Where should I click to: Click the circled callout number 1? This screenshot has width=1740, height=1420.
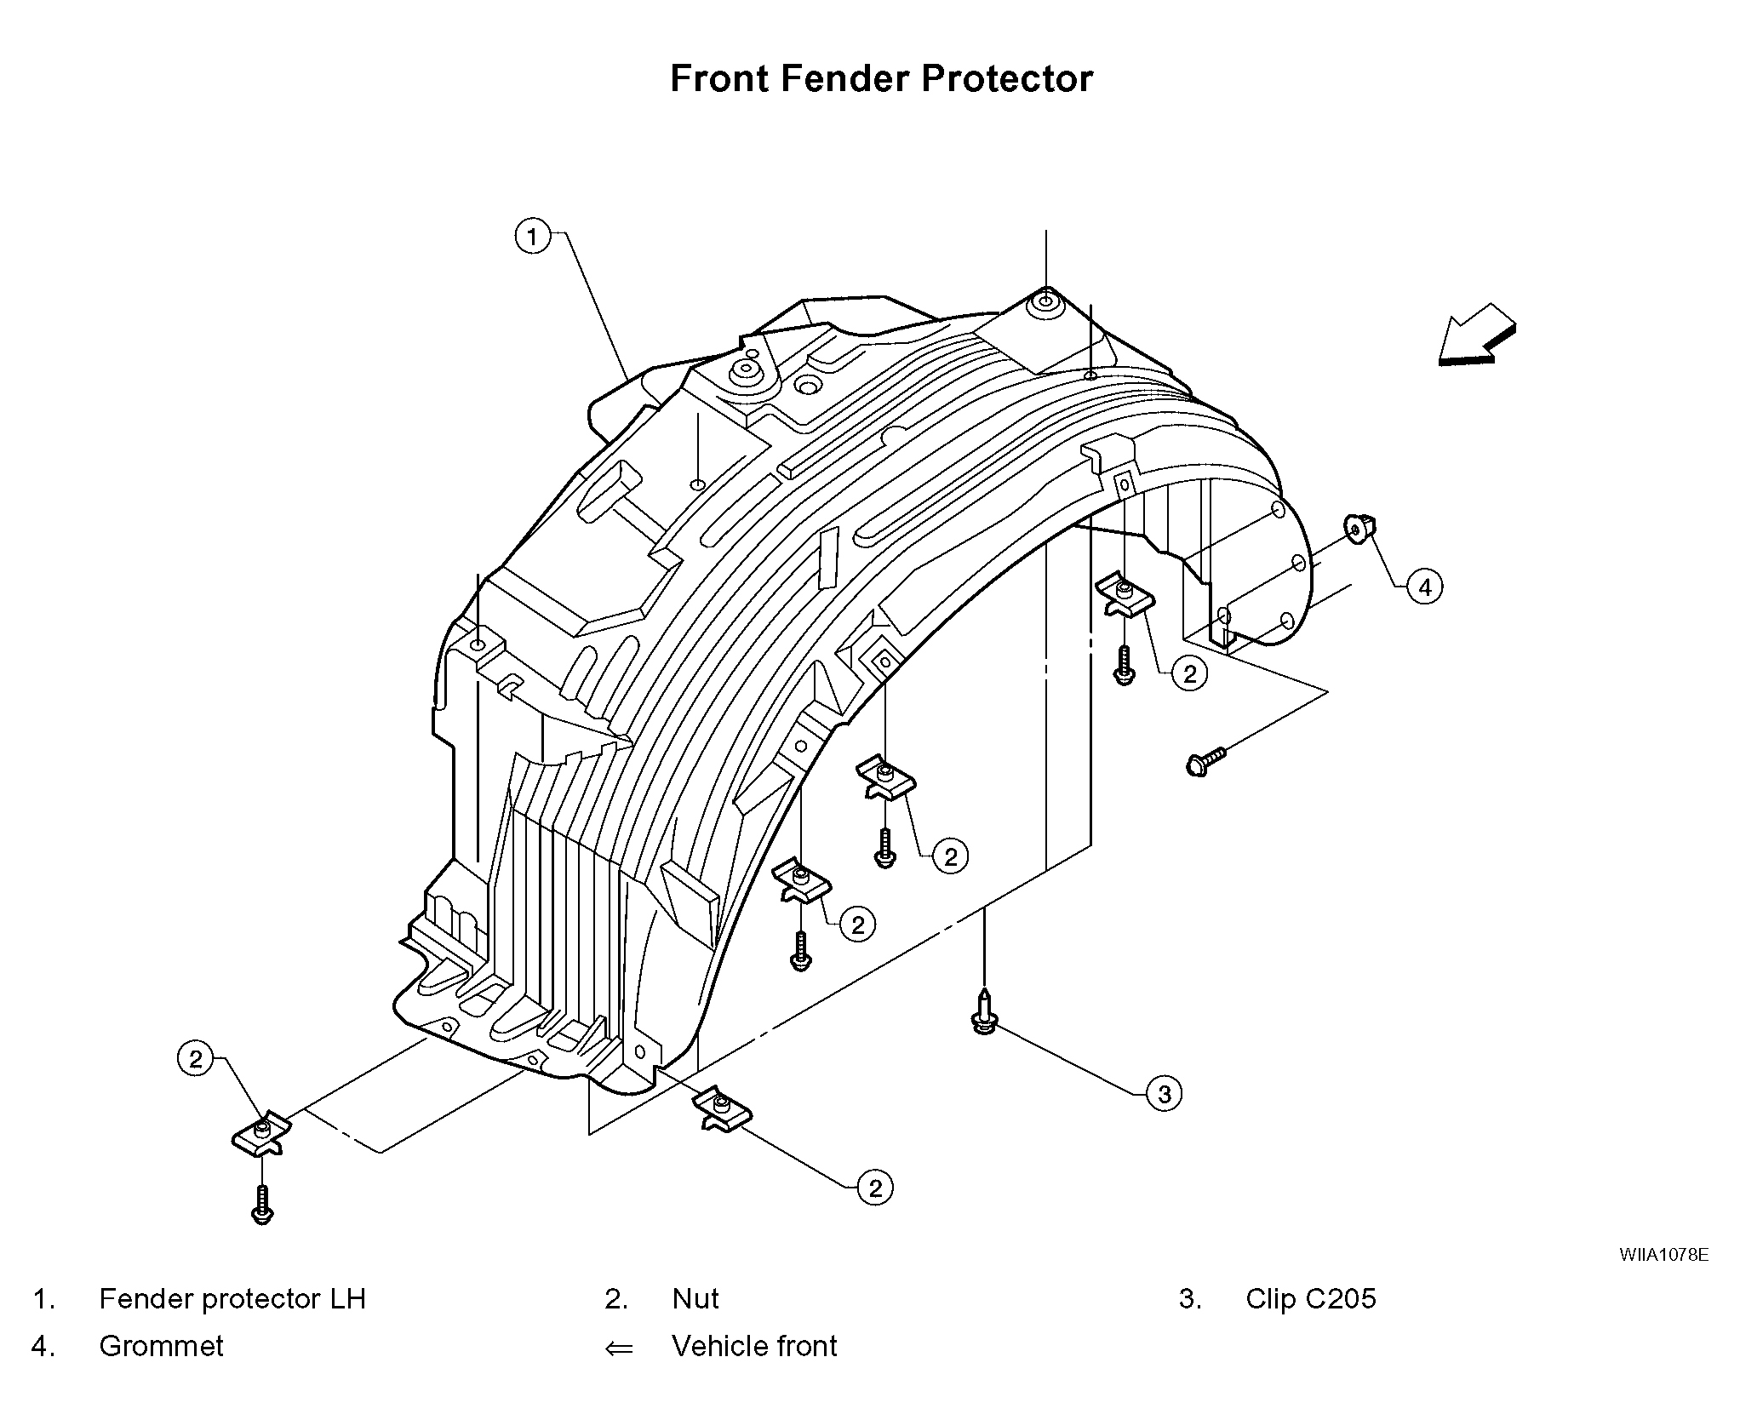coord(533,236)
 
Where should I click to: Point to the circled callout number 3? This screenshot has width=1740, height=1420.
coord(1164,1093)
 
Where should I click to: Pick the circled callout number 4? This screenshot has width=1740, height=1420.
coord(1425,587)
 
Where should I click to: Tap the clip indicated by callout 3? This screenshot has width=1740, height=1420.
coord(984,1013)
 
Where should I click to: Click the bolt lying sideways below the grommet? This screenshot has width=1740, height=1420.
coord(1205,761)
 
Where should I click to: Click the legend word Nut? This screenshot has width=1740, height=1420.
coord(695,1299)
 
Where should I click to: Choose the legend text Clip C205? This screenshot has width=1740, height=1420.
coord(1310,1299)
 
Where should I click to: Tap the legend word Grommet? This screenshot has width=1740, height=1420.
coord(161,1346)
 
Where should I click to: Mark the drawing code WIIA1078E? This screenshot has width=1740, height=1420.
coord(1663,1255)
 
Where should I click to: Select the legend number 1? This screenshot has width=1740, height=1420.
coord(43,1299)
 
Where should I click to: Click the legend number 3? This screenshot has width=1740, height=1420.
coord(1190,1299)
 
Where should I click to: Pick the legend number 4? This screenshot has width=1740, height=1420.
coord(43,1346)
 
